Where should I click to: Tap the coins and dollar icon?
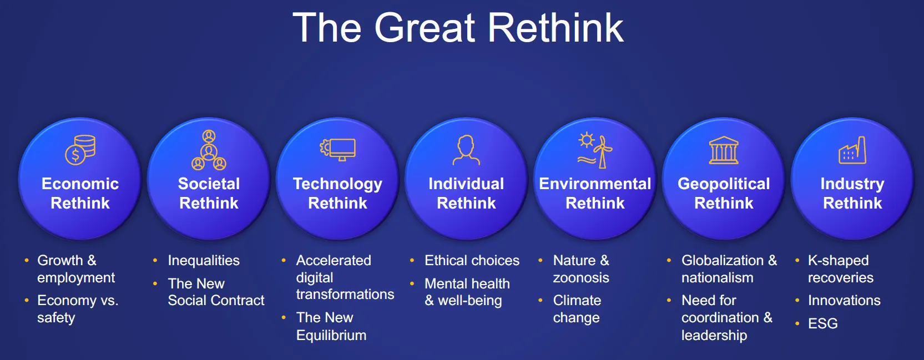click(x=80, y=150)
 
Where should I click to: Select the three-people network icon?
click(x=209, y=150)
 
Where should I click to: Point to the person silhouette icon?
click(x=466, y=150)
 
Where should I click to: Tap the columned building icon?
click(x=724, y=150)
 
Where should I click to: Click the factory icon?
click(x=852, y=150)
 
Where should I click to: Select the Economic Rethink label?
click(x=80, y=194)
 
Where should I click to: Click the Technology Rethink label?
click(x=337, y=194)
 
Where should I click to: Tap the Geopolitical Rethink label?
click(x=724, y=194)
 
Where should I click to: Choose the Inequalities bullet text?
click(x=203, y=261)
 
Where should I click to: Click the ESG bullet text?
click(x=822, y=323)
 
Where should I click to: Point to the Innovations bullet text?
click(x=844, y=300)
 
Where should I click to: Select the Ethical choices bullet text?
click(x=472, y=260)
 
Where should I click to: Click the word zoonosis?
click(x=581, y=277)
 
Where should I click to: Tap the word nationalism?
click(x=718, y=277)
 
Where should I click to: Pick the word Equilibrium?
click(x=331, y=335)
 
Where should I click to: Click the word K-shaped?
click(x=838, y=261)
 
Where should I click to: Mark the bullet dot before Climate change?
click(x=541, y=300)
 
